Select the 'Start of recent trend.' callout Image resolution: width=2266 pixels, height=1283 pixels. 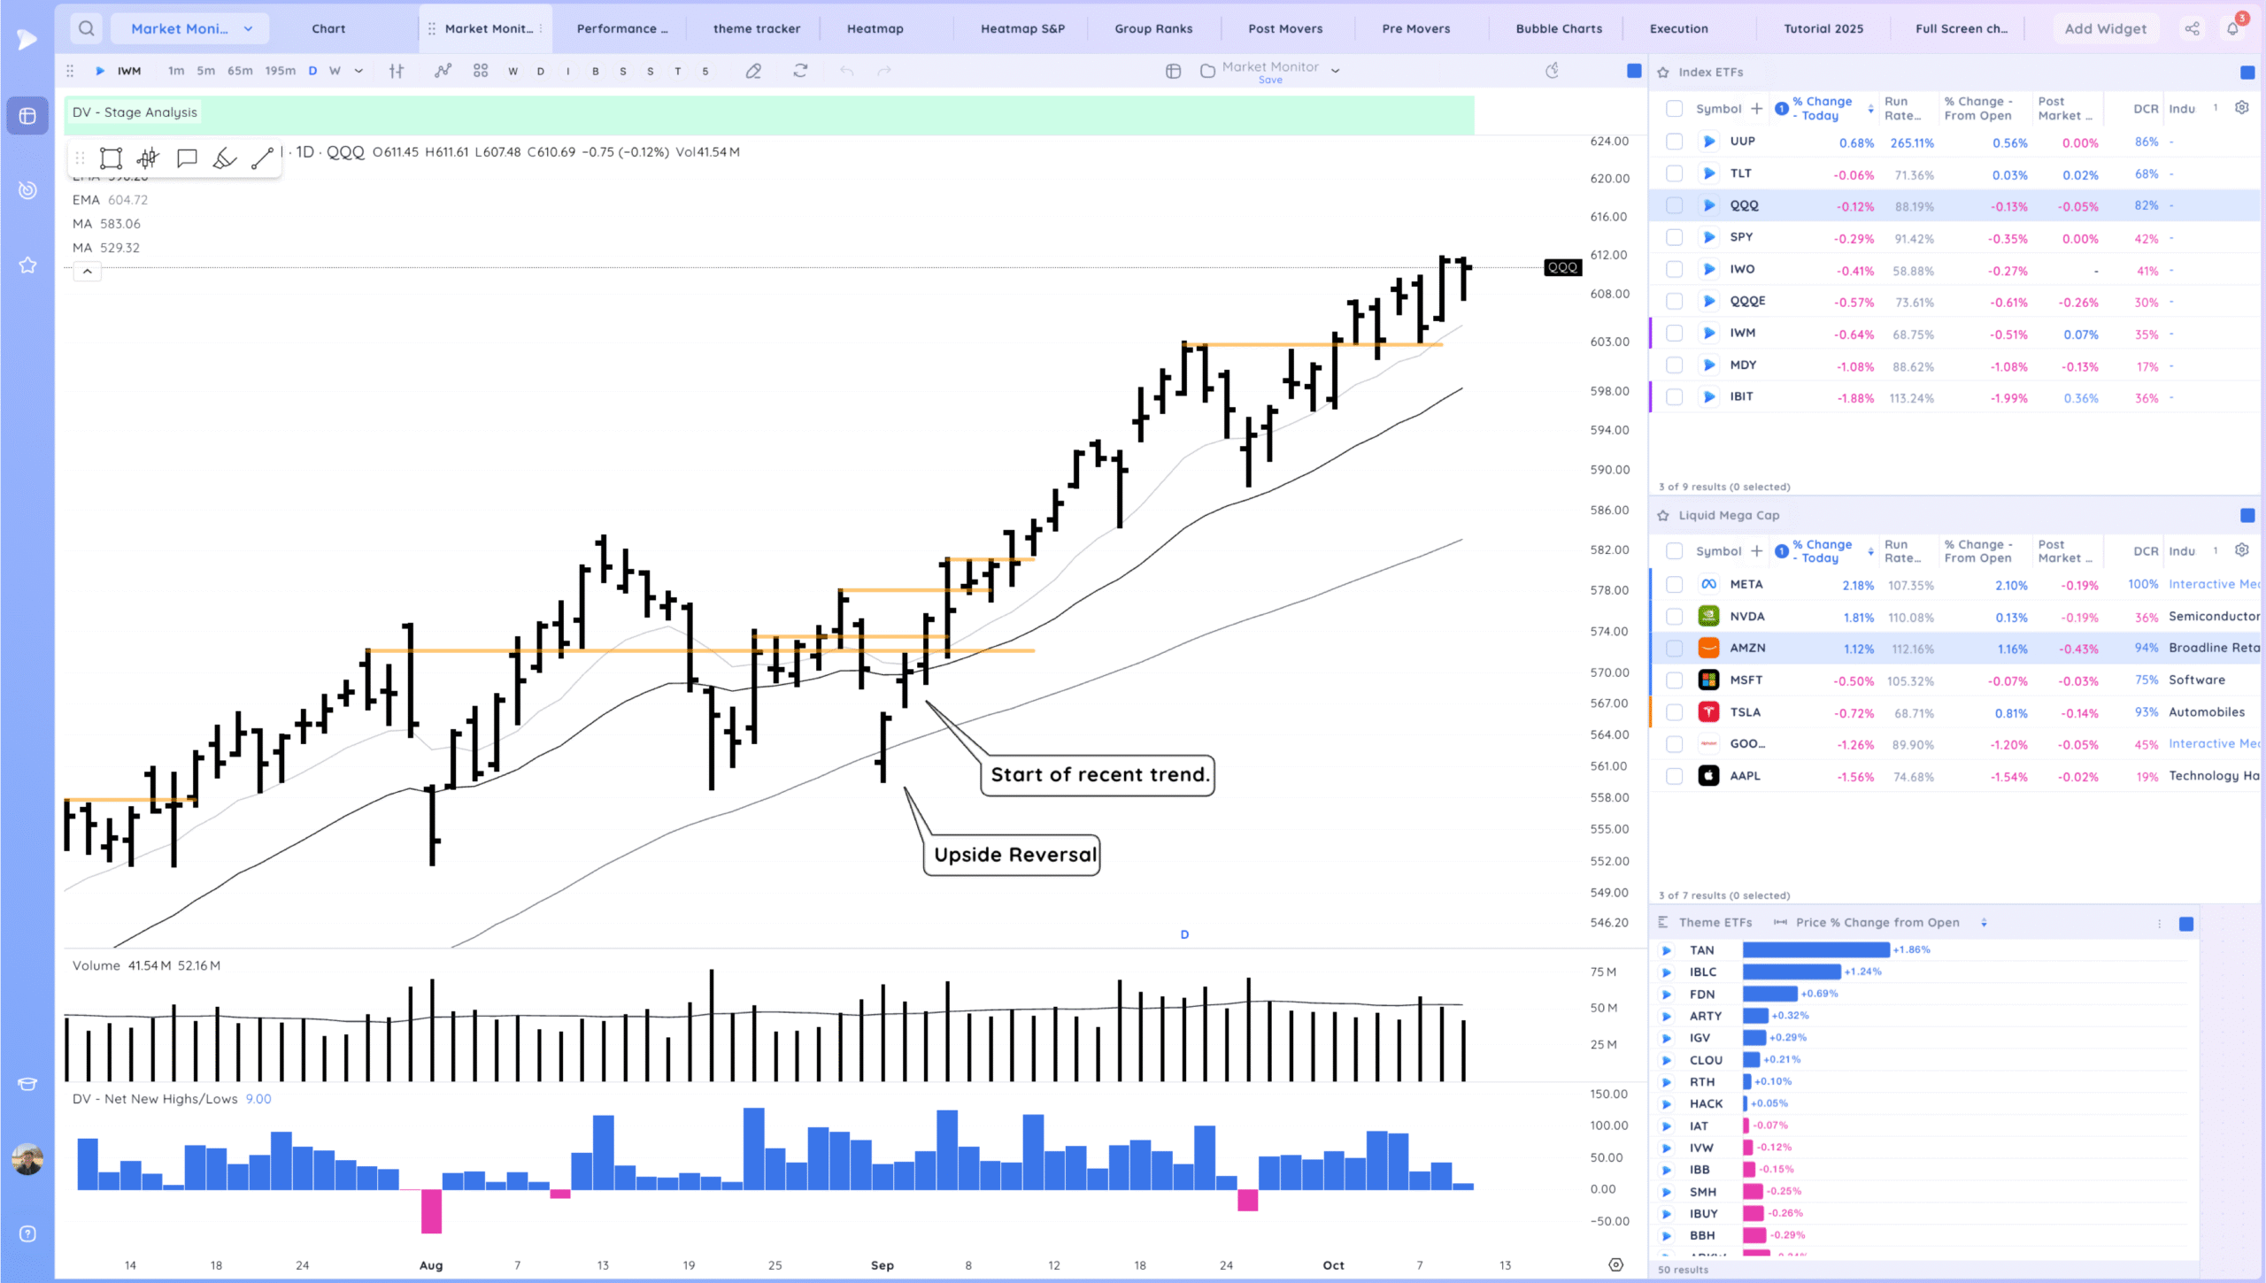[1098, 775]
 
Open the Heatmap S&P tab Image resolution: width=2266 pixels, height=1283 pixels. [1022, 28]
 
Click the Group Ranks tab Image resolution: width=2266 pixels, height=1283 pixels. [1153, 28]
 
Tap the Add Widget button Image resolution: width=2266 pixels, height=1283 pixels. [2105, 28]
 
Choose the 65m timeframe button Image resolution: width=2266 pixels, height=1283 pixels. [240, 71]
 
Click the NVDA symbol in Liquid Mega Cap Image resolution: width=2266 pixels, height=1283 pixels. [1746, 617]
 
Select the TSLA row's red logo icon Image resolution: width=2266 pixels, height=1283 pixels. [1708, 712]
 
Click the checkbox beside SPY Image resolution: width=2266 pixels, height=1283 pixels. [1674, 237]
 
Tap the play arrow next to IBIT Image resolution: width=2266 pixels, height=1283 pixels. [1709, 397]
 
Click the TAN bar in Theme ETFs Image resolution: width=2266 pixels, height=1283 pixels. [1815, 949]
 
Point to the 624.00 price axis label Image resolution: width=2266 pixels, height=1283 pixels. [1609, 142]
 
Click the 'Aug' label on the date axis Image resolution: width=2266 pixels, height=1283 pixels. [431, 1265]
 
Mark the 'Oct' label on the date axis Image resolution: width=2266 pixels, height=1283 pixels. [1333, 1265]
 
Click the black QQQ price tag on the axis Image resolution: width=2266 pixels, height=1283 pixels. [1562, 267]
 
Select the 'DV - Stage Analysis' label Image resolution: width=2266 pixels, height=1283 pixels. [135, 112]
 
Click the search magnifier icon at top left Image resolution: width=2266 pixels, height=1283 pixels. [86, 28]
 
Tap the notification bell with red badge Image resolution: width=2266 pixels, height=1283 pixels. [2232, 28]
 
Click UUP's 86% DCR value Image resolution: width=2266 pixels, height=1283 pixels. [2146, 142]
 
